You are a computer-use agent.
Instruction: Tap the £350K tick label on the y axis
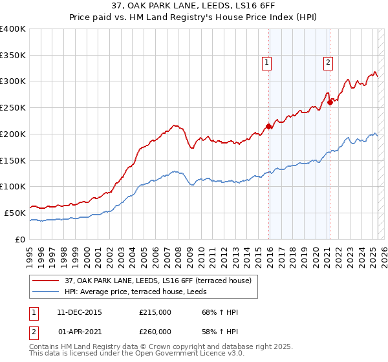tap(13, 56)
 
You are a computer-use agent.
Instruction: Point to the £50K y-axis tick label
tap(15, 213)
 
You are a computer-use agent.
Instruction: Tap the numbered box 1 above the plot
tap(266, 63)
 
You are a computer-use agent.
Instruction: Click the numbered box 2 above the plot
tap(328, 63)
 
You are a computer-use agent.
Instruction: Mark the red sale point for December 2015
tap(268, 127)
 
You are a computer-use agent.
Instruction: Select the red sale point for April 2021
tap(330, 102)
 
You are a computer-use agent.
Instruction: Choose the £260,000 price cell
tap(155, 332)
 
